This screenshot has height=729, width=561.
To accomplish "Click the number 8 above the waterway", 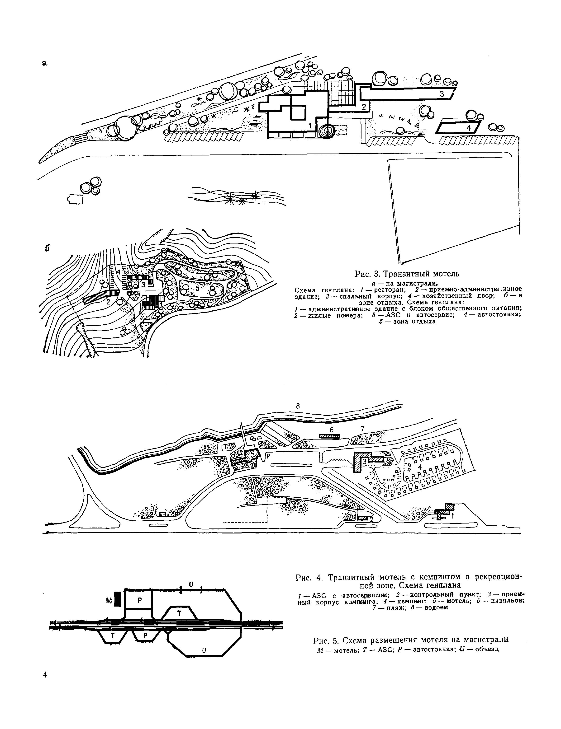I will click(298, 406).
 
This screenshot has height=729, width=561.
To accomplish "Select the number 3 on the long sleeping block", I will click(442, 94).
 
